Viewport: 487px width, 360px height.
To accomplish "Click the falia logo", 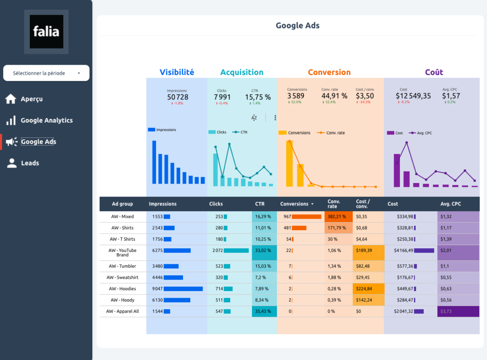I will tap(46, 31).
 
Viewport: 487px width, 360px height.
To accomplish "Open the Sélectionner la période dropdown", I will tap(46, 73).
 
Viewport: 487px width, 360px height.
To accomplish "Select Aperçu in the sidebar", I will tap(31, 99).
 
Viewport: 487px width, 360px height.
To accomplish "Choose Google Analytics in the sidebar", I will tap(47, 120).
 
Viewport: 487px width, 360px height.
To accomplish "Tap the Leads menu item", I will tap(30, 163).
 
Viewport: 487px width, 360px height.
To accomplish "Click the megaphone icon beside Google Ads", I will tap(11, 142).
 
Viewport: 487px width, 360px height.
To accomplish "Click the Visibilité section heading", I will tap(176, 72).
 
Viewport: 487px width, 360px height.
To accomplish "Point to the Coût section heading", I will tap(434, 72).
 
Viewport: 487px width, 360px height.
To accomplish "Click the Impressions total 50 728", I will tap(177, 97).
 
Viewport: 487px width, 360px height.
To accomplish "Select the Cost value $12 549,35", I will tap(413, 96).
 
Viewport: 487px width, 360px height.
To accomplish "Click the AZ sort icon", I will tap(254, 118).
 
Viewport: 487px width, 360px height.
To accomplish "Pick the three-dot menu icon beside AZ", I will tap(275, 118).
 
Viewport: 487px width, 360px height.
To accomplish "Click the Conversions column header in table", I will tap(294, 204).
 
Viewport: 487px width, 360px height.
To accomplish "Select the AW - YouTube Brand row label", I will tap(122, 253).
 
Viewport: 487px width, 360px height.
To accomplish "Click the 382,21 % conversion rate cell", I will tap(338, 216).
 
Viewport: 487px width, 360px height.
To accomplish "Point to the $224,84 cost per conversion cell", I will tap(364, 289).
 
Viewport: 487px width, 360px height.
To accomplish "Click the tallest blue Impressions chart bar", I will tap(154, 162).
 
